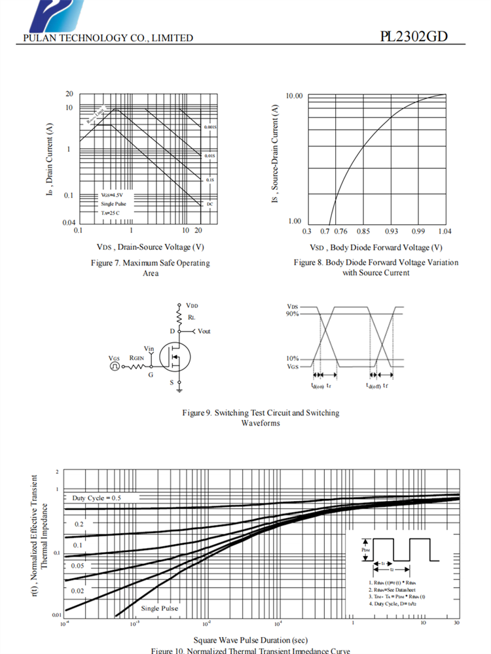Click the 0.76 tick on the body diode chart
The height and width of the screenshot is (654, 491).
[340, 231]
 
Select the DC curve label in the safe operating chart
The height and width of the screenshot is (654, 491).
[210, 204]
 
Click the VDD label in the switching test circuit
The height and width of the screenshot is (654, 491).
[192, 305]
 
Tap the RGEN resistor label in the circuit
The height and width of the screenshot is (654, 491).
[136, 358]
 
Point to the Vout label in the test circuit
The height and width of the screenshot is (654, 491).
[204, 332]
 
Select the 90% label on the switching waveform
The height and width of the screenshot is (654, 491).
[293, 314]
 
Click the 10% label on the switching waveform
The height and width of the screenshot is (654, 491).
[293, 358]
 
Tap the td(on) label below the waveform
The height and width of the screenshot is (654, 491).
[318, 385]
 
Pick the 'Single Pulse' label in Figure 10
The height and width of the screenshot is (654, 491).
[159, 608]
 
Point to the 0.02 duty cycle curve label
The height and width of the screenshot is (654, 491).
[78, 591]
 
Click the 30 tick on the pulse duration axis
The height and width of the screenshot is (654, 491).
[457, 624]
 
